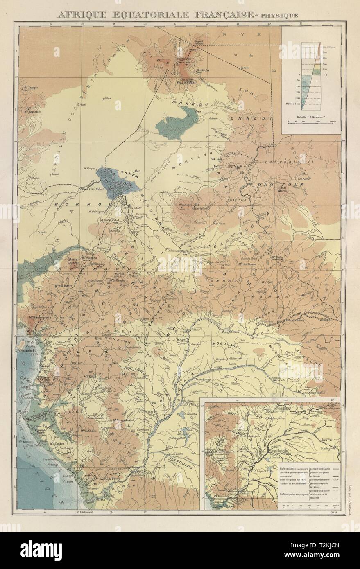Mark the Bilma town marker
(x=97, y=99)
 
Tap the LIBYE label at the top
(x=222, y=36)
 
